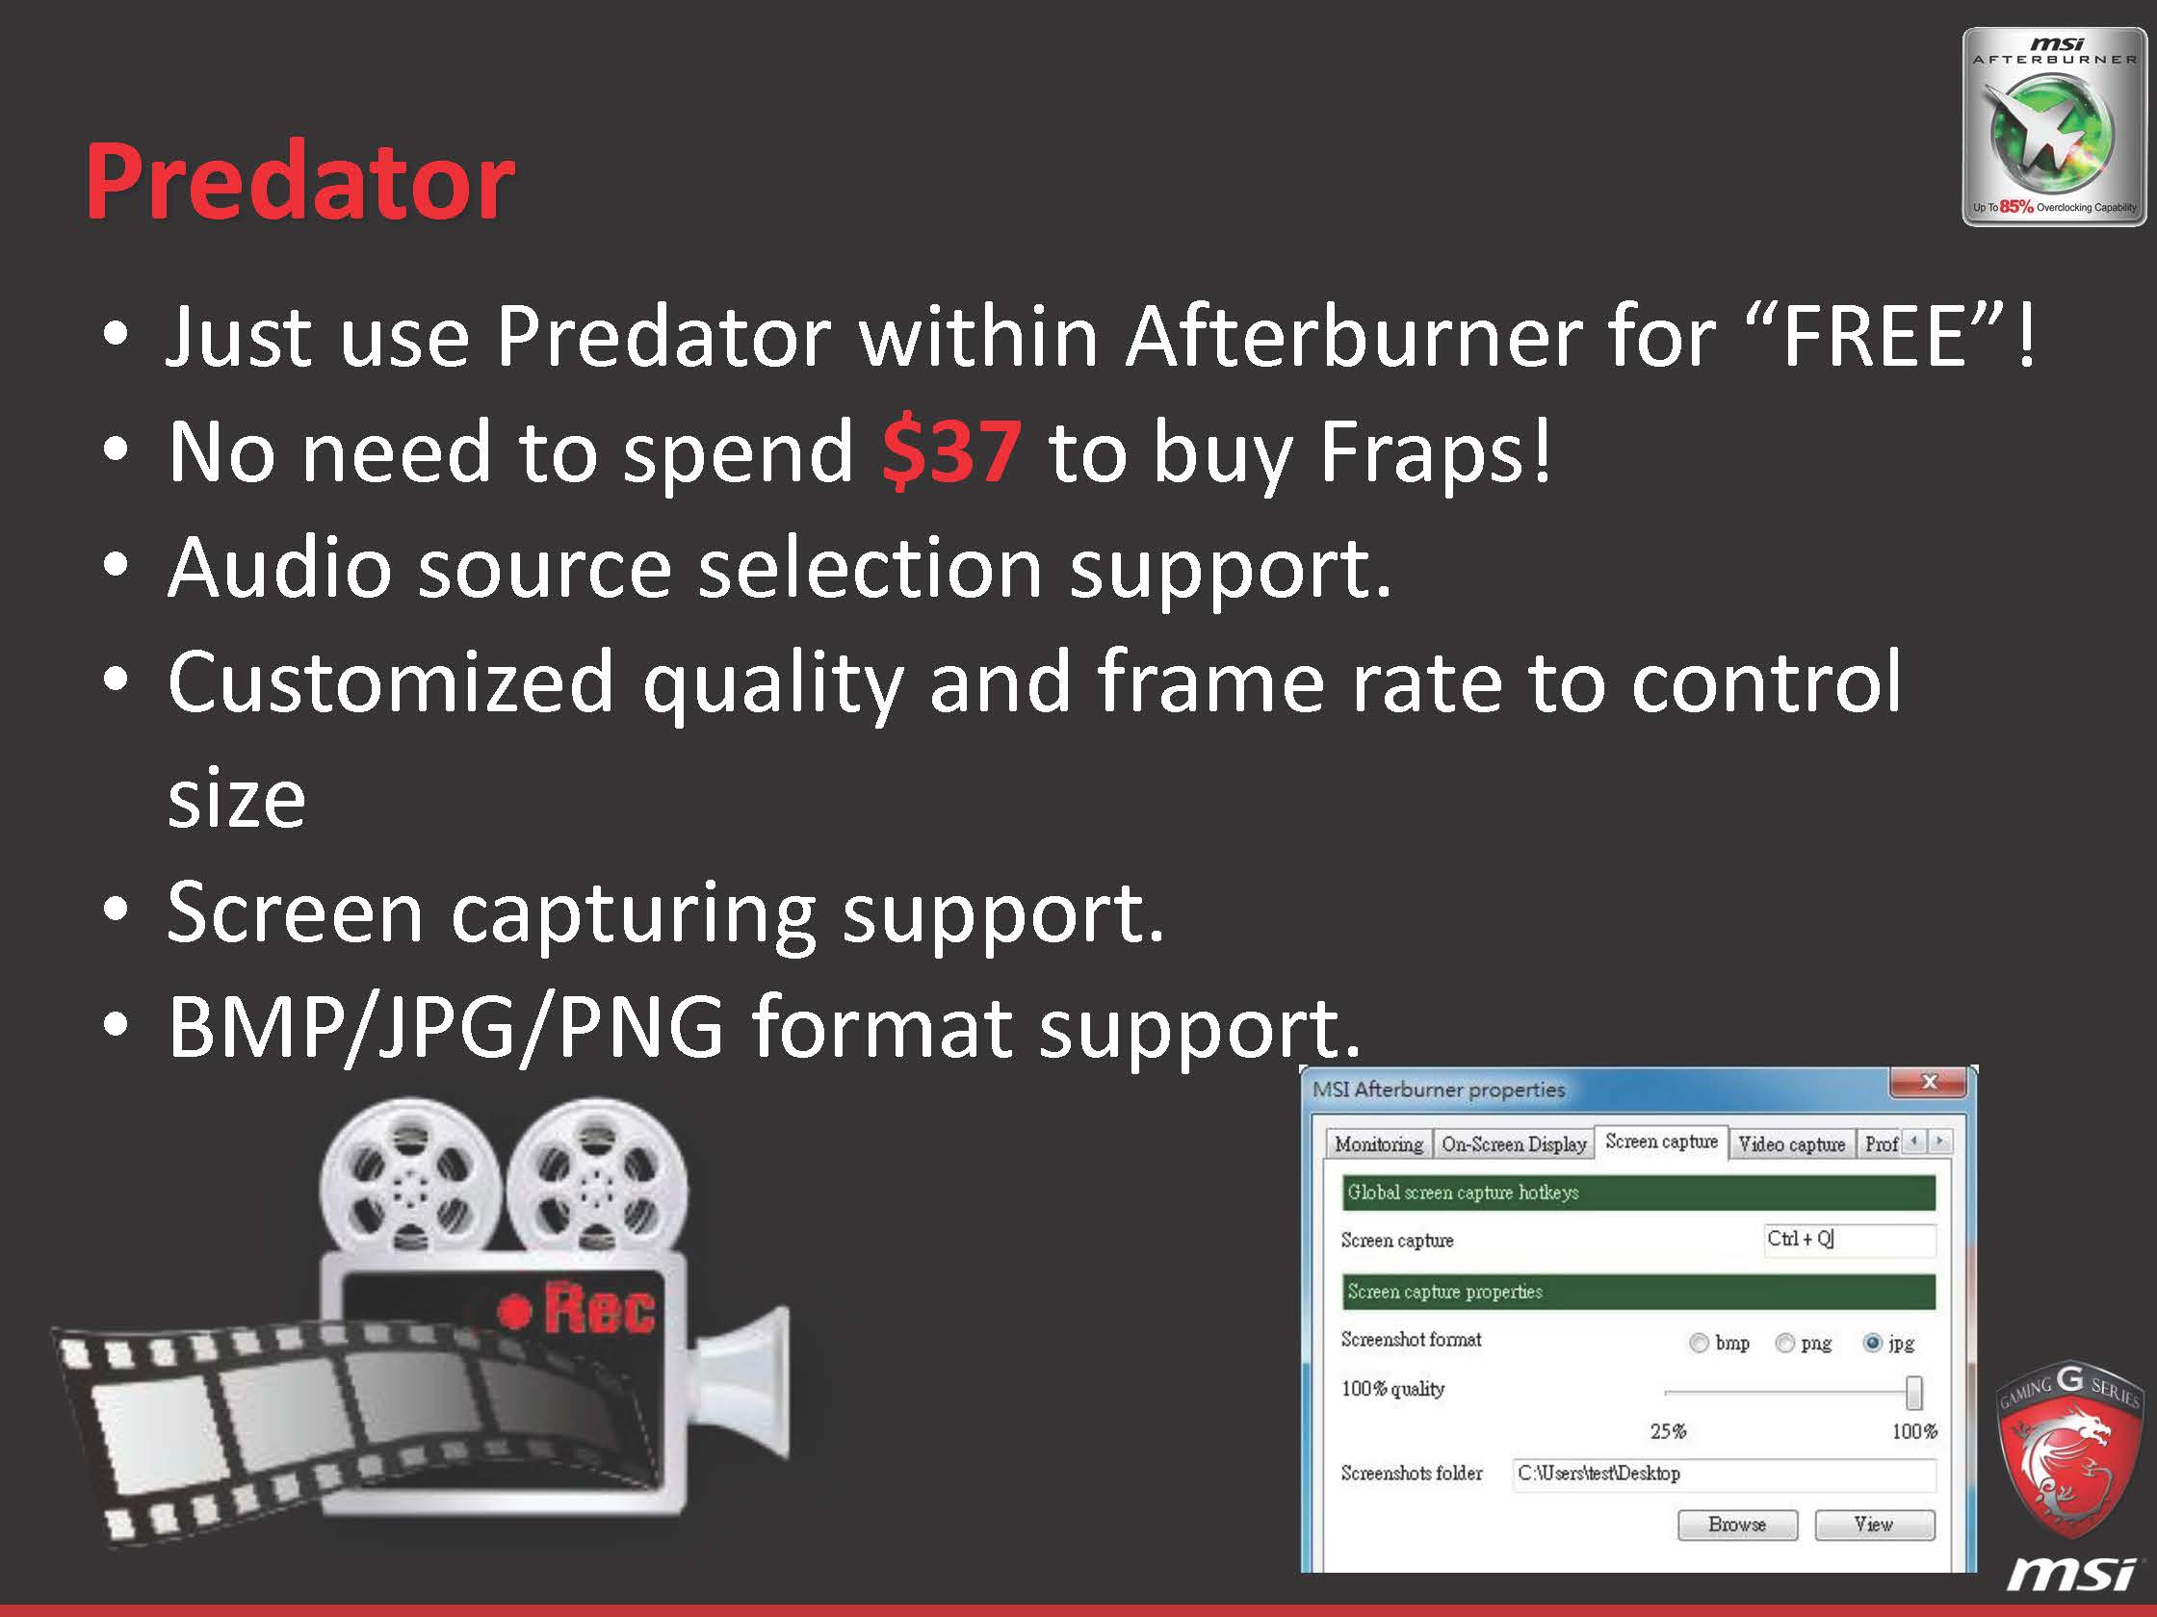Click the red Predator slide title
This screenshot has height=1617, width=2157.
click(x=300, y=182)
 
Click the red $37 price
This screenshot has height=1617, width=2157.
click(x=951, y=450)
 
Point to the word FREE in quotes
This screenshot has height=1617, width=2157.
click(x=1873, y=335)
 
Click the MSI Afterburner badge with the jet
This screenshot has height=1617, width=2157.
click(x=2054, y=127)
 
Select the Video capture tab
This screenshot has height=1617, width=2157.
click(x=1791, y=1144)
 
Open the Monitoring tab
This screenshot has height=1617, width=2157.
click(x=1379, y=1144)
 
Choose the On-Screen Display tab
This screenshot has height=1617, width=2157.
click(x=1514, y=1144)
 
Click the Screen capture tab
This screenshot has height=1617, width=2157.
click(x=1662, y=1142)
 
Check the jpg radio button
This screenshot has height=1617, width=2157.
click(x=1872, y=1343)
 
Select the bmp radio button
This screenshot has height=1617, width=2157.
click(x=1699, y=1343)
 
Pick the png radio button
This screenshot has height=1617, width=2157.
click(x=1784, y=1343)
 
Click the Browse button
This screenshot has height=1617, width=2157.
click(x=1738, y=1525)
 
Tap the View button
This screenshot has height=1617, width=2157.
click(x=1874, y=1525)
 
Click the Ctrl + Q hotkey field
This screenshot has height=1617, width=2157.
click(x=1849, y=1240)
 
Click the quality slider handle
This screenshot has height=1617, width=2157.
click(x=1914, y=1393)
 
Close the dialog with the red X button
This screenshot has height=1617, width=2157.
click(x=1929, y=1082)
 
